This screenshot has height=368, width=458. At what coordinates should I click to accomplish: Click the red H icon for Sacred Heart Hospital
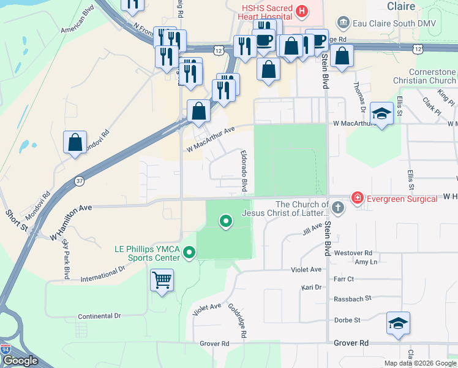pos(301,10)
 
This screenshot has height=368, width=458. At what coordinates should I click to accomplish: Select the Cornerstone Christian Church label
pos(432,76)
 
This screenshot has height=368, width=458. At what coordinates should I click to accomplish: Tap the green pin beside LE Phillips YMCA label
pos(190,252)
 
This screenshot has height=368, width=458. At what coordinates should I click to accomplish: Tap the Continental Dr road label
pos(99,316)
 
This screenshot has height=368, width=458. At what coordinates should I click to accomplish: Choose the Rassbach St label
pos(352,298)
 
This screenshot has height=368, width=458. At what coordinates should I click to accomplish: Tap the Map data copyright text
pos(419,363)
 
